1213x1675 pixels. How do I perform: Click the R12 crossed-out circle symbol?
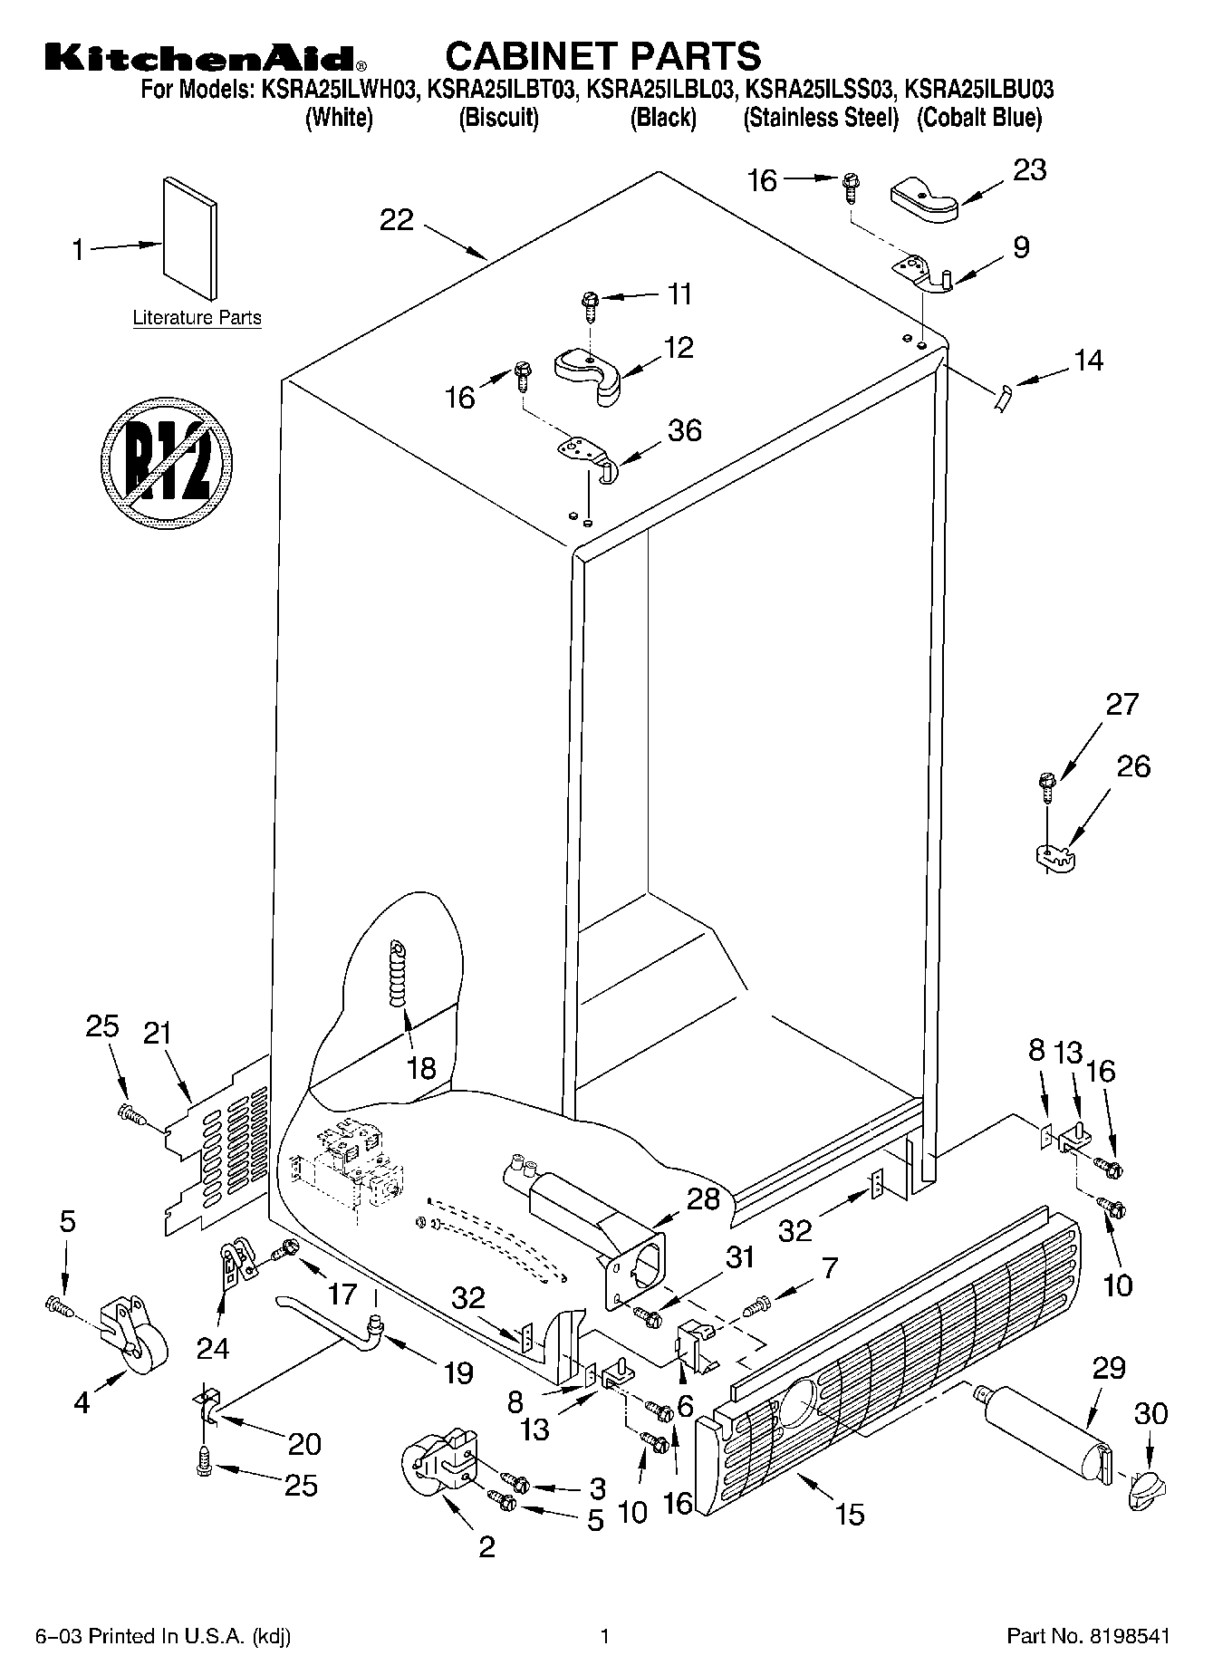coord(166,462)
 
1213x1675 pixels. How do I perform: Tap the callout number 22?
coord(396,220)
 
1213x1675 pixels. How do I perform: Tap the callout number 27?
coord(1122,704)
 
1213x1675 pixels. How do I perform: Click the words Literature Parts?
coord(197,318)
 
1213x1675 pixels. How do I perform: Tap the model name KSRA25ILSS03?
coord(821,90)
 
